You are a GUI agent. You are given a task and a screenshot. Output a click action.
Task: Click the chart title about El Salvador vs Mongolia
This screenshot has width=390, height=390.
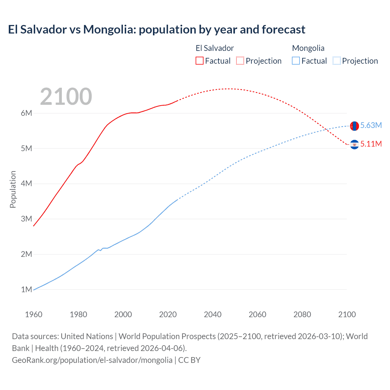(157, 30)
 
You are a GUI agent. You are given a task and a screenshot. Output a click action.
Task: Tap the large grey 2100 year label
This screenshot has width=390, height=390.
(66, 97)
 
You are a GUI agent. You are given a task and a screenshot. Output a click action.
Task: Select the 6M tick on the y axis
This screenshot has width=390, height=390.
(27, 113)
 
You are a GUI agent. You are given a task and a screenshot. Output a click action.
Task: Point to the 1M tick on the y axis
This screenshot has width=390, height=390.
(27, 289)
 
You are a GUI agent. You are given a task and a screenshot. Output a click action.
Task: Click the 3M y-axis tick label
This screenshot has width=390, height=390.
(27, 219)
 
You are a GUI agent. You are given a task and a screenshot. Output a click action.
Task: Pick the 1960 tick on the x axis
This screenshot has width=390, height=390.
(34, 314)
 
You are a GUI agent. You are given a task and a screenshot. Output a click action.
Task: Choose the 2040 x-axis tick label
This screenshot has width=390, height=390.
(213, 314)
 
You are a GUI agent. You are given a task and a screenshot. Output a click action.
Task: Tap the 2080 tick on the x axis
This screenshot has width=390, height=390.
(302, 314)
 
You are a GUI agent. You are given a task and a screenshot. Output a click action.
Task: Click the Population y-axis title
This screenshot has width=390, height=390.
(13, 189)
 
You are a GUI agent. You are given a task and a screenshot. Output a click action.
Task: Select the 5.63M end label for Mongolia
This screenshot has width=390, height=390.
(371, 126)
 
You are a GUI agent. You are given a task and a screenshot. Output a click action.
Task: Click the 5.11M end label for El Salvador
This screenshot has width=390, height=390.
(371, 144)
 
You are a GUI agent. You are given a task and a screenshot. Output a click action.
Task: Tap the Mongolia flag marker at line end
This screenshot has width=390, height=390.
(354, 126)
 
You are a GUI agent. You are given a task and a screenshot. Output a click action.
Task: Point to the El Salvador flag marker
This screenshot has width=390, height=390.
(354, 144)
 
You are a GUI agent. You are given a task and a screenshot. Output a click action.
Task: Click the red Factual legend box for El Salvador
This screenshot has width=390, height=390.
(200, 61)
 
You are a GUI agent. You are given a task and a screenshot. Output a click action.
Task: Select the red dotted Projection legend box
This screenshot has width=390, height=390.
(240, 61)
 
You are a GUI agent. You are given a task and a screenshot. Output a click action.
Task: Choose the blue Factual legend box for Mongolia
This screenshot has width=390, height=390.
(296, 61)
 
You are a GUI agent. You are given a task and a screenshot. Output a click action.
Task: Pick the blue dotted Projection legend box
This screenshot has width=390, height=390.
(336, 61)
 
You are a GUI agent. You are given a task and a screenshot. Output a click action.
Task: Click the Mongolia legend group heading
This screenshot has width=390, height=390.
(308, 48)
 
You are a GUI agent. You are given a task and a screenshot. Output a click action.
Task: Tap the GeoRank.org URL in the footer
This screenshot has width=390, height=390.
(92, 360)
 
